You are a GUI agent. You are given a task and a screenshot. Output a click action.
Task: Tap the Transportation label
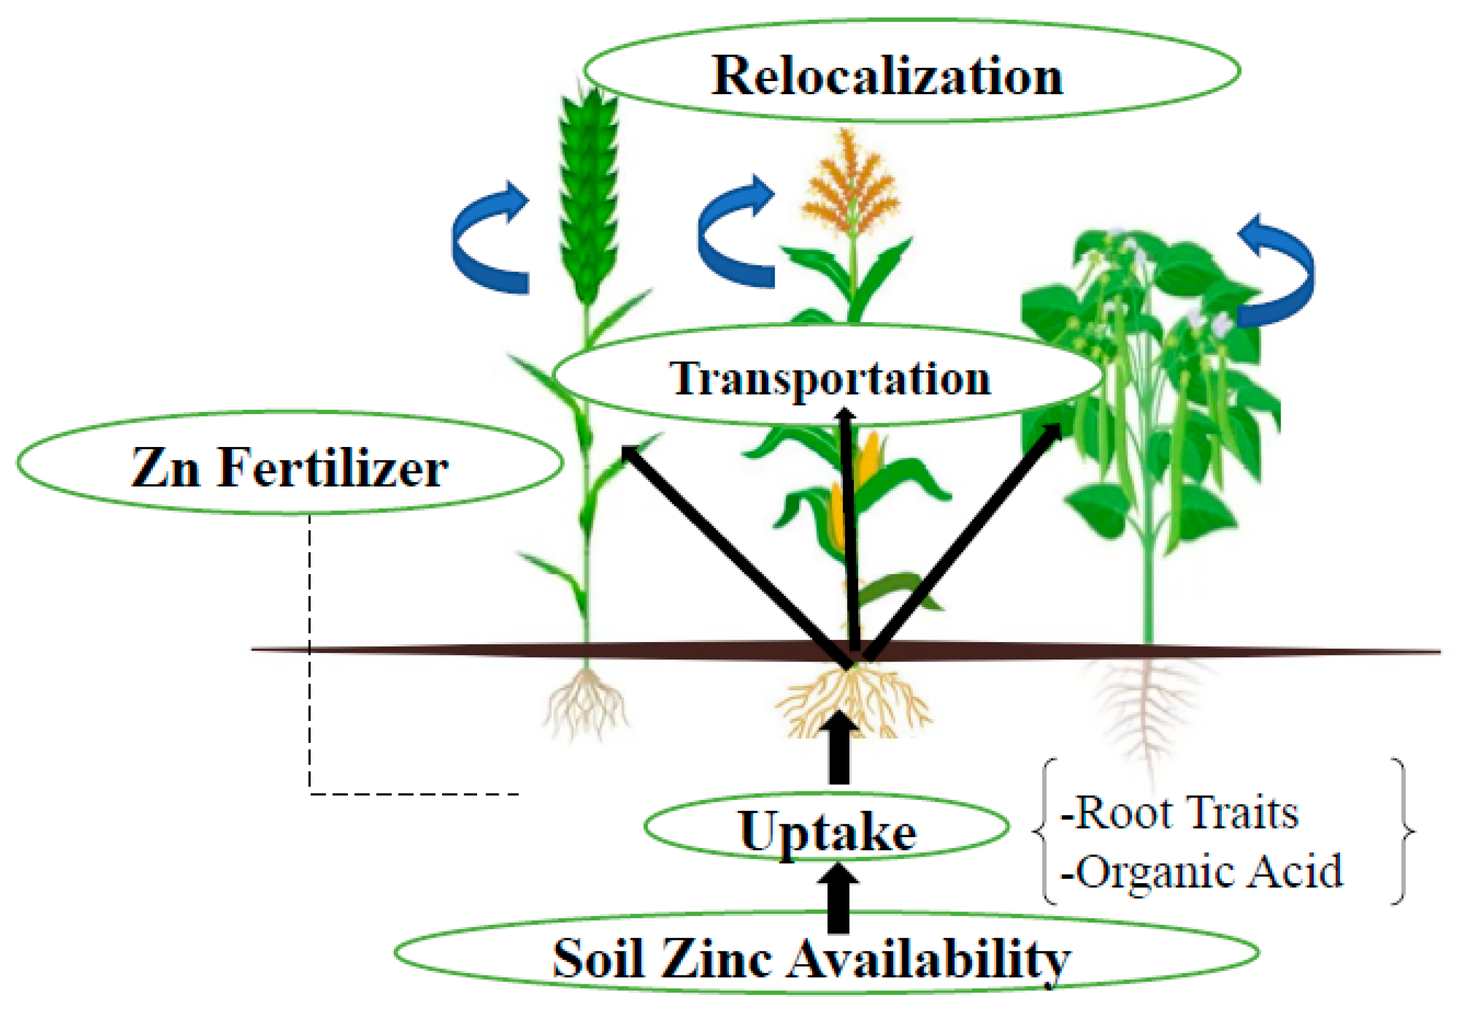829,379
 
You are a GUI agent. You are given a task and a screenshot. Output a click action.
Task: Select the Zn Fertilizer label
289,468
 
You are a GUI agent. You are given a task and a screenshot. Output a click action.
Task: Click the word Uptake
827,832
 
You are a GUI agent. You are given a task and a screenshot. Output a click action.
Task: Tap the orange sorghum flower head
850,184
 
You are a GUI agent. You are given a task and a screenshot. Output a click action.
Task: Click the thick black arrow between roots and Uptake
840,750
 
